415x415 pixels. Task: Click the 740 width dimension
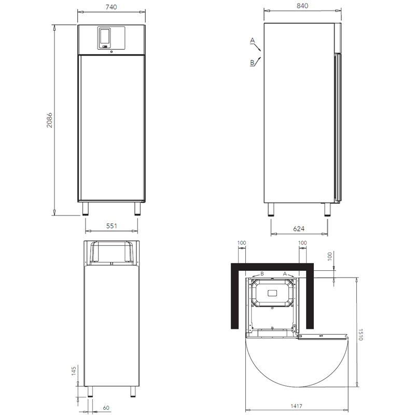tap(111, 7)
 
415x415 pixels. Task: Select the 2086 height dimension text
tap(49, 120)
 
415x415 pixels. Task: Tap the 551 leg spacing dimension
tap(112, 226)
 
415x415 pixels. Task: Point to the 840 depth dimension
tap(302, 6)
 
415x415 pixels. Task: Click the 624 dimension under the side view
tap(299, 229)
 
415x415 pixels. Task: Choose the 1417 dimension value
tap(296, 406)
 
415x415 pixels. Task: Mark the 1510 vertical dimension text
tap(360, 335)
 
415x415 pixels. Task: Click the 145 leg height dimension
tap(74, 371)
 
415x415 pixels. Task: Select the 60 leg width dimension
tap(106, 408)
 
